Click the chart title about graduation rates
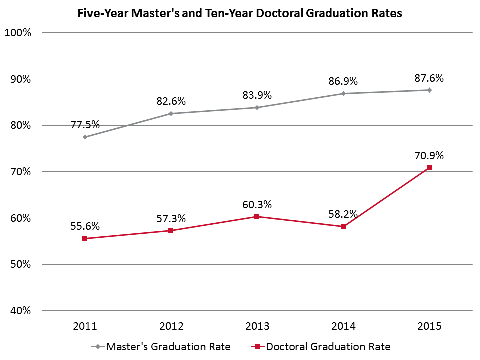click(240, 14)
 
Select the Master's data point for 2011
click(85, 137)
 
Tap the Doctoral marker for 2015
click(429, 167)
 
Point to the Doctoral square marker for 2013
click(257, 216)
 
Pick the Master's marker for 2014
click(343, 93)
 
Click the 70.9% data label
click(429, 155)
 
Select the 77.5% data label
click(85, 125)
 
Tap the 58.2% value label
click(343, 214)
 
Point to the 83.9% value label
click(257, 95)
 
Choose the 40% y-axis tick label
click(20, 311)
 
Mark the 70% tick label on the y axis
click(20, 172)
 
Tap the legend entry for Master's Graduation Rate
click(161, 346)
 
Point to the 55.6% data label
click(85, 226)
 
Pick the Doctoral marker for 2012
click(171, 230)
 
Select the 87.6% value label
click(429, 78)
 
